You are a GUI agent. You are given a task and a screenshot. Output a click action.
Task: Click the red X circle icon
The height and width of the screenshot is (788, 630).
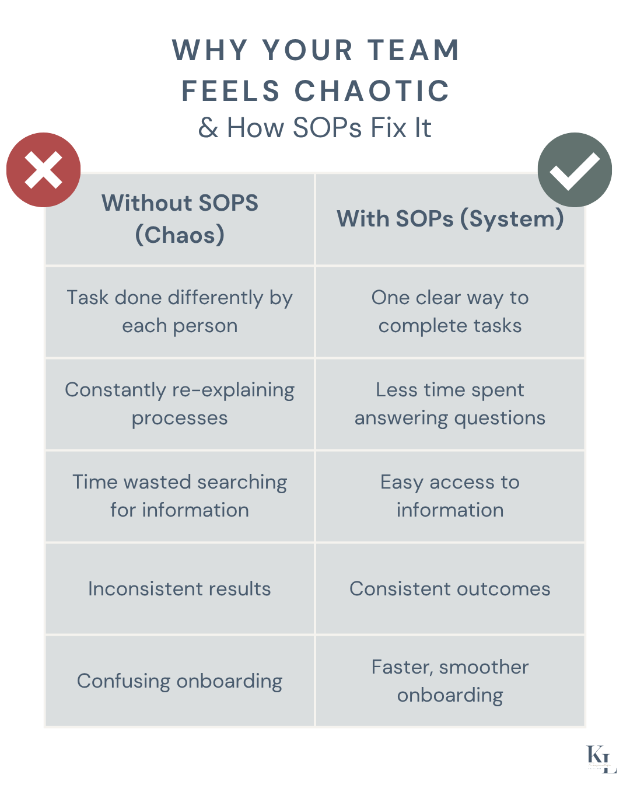coord(43,170)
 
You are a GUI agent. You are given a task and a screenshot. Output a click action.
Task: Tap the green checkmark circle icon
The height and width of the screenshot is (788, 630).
coord(575,170)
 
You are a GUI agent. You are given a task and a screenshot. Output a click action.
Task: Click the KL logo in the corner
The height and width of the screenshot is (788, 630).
coord(601,759)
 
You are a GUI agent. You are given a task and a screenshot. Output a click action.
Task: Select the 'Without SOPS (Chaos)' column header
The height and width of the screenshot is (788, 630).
coord(180,219)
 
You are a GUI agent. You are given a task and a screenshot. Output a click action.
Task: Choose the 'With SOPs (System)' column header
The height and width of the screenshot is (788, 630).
coord(450,219)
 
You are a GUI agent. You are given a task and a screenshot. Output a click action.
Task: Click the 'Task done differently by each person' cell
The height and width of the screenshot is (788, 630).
coord(180,312)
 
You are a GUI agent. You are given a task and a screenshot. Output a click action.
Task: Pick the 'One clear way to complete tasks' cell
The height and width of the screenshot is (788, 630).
coord(450,312)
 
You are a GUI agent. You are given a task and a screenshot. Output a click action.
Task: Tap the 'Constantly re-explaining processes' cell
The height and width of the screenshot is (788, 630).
coord(180,404)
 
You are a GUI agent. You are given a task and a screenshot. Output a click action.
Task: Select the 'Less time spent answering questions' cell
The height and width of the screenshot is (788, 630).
coord(450,404)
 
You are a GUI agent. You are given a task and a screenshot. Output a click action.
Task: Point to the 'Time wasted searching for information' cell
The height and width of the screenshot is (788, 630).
coord(180,496)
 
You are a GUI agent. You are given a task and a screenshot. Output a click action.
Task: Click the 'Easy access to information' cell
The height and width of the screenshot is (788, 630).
coord(450,496)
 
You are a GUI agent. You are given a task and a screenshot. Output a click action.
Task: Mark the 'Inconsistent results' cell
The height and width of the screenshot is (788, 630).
coord(180,588)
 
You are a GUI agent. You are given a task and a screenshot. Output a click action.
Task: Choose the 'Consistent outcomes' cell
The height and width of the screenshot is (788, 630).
coord(450,588)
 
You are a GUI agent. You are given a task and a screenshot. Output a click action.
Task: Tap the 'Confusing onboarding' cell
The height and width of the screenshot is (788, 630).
coord(180,681)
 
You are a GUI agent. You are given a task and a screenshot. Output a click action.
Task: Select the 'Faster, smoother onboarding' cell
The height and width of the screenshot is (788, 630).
coord(450,681)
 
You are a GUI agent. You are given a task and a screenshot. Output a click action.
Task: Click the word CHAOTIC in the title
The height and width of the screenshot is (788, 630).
coord(372,91)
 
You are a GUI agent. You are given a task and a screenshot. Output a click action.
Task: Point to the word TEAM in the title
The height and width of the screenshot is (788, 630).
coord(414,50)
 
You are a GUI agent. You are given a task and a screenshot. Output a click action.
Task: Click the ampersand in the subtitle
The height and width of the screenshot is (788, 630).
coord(208,128)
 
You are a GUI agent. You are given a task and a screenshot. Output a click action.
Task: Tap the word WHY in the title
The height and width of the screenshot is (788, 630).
coord(210,50)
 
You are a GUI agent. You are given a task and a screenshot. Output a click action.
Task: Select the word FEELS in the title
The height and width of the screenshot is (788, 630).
coord(231,91)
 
